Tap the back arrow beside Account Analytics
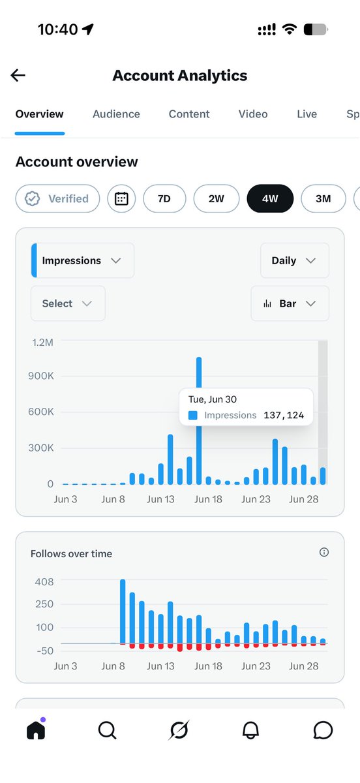point(18,75)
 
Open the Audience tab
point(116,114)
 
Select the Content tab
point(189,114)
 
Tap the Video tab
point(253,114)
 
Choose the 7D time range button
point(164,198)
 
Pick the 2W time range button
point(217,198)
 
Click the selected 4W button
point(270,198)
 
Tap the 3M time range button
point(323,198)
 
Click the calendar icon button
point(121,198)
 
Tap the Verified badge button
point(57,198)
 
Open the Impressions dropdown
point(82,260)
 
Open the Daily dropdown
point(295,260)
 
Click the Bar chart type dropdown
point(290,303)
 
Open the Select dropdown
point(68,303)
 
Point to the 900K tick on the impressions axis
point(41,376)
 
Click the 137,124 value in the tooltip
point(284,415)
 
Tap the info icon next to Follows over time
point(324,552)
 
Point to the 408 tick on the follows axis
point(44,581)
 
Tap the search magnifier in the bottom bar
point(108,730)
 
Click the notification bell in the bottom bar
point(250,730)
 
